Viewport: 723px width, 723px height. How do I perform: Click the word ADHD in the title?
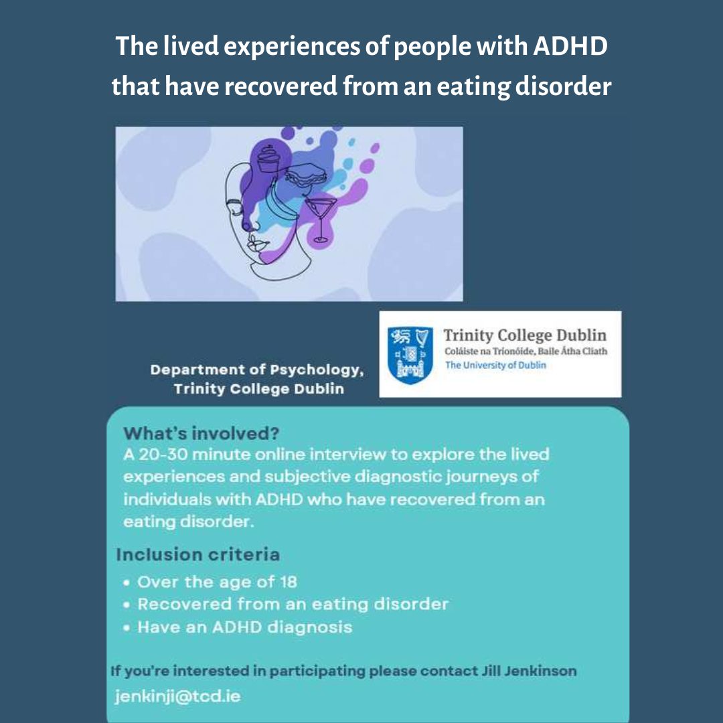570,46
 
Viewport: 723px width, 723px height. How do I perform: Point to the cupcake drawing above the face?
268,159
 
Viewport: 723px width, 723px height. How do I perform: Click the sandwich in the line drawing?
306,175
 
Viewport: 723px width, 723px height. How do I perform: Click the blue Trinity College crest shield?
410,355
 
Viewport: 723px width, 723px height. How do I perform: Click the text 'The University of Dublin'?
495,366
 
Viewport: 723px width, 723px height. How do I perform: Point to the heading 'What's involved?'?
201,433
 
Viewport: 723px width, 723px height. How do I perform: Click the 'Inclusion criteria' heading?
197,554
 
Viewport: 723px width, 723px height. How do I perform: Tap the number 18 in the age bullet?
288,582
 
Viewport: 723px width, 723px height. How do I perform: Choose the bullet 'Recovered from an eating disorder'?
293,605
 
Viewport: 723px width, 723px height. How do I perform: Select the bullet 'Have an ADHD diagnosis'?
245,627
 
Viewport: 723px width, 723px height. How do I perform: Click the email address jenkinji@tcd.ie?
177,696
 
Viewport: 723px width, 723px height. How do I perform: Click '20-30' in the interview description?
163,455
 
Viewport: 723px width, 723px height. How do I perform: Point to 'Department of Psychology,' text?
257,370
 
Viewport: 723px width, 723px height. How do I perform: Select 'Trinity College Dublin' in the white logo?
525,335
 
